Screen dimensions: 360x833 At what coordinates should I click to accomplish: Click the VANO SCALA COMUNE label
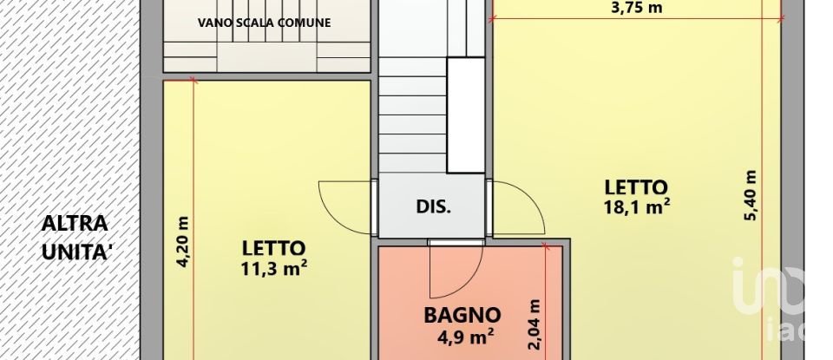(x=264, y=23)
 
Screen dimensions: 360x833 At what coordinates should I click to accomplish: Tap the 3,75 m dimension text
(x=637, y=8)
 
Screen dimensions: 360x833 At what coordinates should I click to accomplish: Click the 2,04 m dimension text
(x=535, y=324)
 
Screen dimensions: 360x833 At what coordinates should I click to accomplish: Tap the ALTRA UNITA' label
(x=75, y=237)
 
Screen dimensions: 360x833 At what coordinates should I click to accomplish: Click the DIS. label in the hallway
(x=433, y=207)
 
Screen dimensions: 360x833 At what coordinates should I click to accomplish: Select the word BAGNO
(x=462, y=315)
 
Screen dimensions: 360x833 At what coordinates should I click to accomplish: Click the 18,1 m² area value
(x=636, y=206)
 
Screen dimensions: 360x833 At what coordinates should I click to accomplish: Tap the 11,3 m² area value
(x=275, y=267)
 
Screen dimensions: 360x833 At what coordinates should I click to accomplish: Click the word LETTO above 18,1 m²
(x=636, y=187)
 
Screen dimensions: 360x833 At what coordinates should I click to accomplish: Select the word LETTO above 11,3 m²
(x=274, y=247)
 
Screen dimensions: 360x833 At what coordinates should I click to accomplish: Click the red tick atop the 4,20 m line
(x=193, y=81)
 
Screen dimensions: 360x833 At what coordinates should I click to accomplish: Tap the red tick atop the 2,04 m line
(x=547, y=247)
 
